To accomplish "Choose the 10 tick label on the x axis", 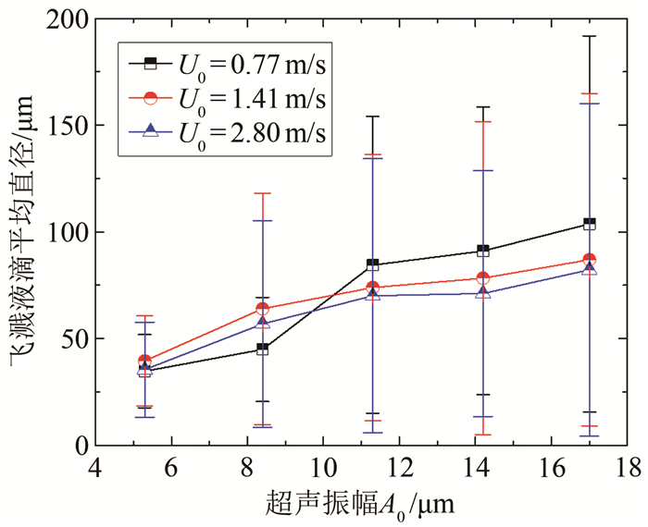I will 323,463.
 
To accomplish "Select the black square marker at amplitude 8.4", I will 262,349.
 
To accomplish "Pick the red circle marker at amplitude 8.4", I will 262,309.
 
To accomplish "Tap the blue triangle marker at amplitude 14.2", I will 482,293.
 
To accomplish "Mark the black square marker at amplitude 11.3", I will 372,264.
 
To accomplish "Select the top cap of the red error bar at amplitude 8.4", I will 262,193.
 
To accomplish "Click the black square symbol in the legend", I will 151,64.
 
